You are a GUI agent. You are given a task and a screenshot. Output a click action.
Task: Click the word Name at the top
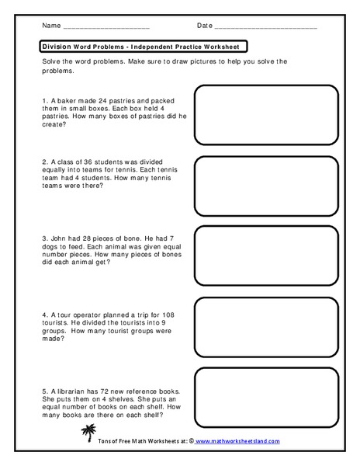(x=51, y=26)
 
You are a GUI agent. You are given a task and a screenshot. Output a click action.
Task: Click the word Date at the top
(x=205, y=26)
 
